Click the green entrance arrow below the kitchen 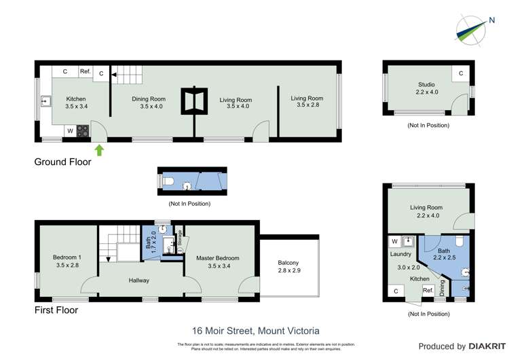pos(100,150)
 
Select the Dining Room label pos(148,103)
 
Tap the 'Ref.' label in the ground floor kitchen pos(86,71)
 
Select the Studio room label pos(426,88)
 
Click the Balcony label pos(288,266)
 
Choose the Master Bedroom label pos(218,262)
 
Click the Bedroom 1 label pos(67,261)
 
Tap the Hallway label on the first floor pos(139,280)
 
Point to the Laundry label pos(401,254)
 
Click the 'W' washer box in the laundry pos(394,241)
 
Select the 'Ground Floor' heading pos(63,162)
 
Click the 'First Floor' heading pos(56,310)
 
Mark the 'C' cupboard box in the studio pos(461,73)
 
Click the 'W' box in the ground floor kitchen pos(70,130)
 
